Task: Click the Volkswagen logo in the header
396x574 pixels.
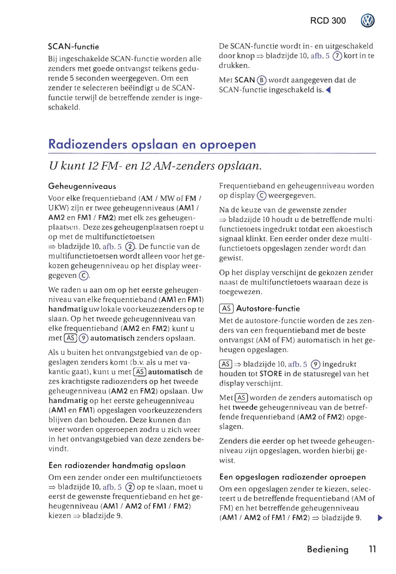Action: [368, 21]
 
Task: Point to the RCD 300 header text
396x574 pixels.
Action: [328, 21]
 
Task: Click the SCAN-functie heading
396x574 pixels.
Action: [73, 47]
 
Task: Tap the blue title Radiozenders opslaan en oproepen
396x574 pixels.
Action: [152, 144]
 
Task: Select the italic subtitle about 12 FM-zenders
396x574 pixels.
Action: [155, 166]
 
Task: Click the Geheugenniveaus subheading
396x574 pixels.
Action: [82, 186]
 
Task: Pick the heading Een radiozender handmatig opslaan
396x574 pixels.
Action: [117, 465]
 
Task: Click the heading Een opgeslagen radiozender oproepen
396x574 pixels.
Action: [293, 477]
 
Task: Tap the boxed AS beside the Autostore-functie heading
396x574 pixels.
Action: [226, 308]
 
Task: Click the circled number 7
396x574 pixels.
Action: [337, 56]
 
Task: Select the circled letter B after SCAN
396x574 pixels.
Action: [262, 80]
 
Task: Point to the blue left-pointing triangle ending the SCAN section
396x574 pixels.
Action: [328, 90]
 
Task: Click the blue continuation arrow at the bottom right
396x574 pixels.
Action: [380, 518]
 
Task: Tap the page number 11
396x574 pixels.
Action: [372, 549]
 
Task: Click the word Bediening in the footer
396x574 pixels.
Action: [327, 549]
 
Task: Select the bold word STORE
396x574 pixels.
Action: [271, 374]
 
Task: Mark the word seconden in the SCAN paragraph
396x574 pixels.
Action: [86, 78]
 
